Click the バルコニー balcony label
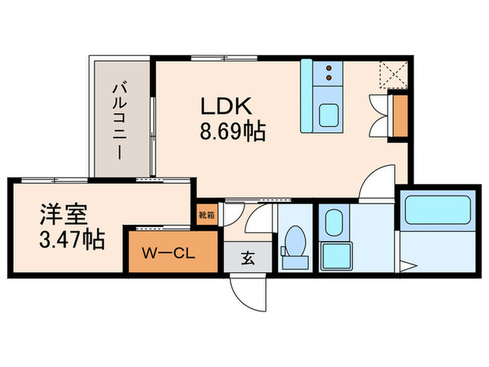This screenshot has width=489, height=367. tap(119, 119)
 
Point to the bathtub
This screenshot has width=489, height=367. tap(437, 210)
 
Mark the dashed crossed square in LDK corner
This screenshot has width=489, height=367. tap(391, 74)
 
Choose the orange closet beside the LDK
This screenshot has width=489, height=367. tap(401, 115)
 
